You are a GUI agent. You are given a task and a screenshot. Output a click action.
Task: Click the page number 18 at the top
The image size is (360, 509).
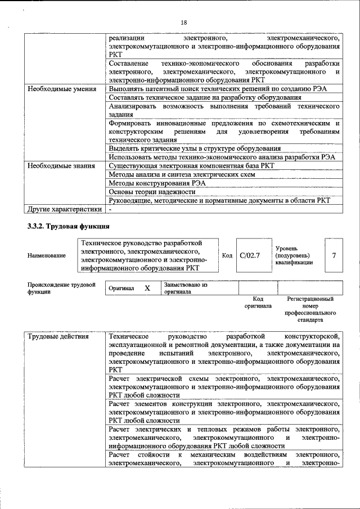tap(183, 22)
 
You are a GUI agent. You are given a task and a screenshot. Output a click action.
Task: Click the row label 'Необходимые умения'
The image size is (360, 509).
tap(57, 89)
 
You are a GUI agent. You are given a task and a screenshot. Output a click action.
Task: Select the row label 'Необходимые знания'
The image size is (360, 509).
tap(57, 166)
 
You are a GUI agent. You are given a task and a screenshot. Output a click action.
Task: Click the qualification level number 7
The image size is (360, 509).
tap(334, 256)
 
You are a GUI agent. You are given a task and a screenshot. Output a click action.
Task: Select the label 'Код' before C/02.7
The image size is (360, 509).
tap(227, 256)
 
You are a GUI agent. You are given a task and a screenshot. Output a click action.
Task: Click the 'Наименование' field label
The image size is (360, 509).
tap(46, 256)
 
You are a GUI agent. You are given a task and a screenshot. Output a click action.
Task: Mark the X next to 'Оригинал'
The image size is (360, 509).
tap(147, 288)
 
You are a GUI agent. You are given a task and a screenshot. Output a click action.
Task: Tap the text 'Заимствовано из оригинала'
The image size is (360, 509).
tap(186, 289)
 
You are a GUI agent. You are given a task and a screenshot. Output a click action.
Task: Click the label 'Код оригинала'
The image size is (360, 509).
tap(258, 303)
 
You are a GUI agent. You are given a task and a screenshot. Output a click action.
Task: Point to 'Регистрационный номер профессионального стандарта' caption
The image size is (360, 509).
tap(310, 309)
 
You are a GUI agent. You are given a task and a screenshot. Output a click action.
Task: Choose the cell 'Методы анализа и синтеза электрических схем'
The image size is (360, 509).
tap(182, 175)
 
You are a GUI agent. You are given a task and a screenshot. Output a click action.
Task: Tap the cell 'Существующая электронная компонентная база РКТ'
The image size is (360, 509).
tap(191, 166)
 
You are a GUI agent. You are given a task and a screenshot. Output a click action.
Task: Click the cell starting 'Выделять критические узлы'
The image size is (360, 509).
tap(195, 148)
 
